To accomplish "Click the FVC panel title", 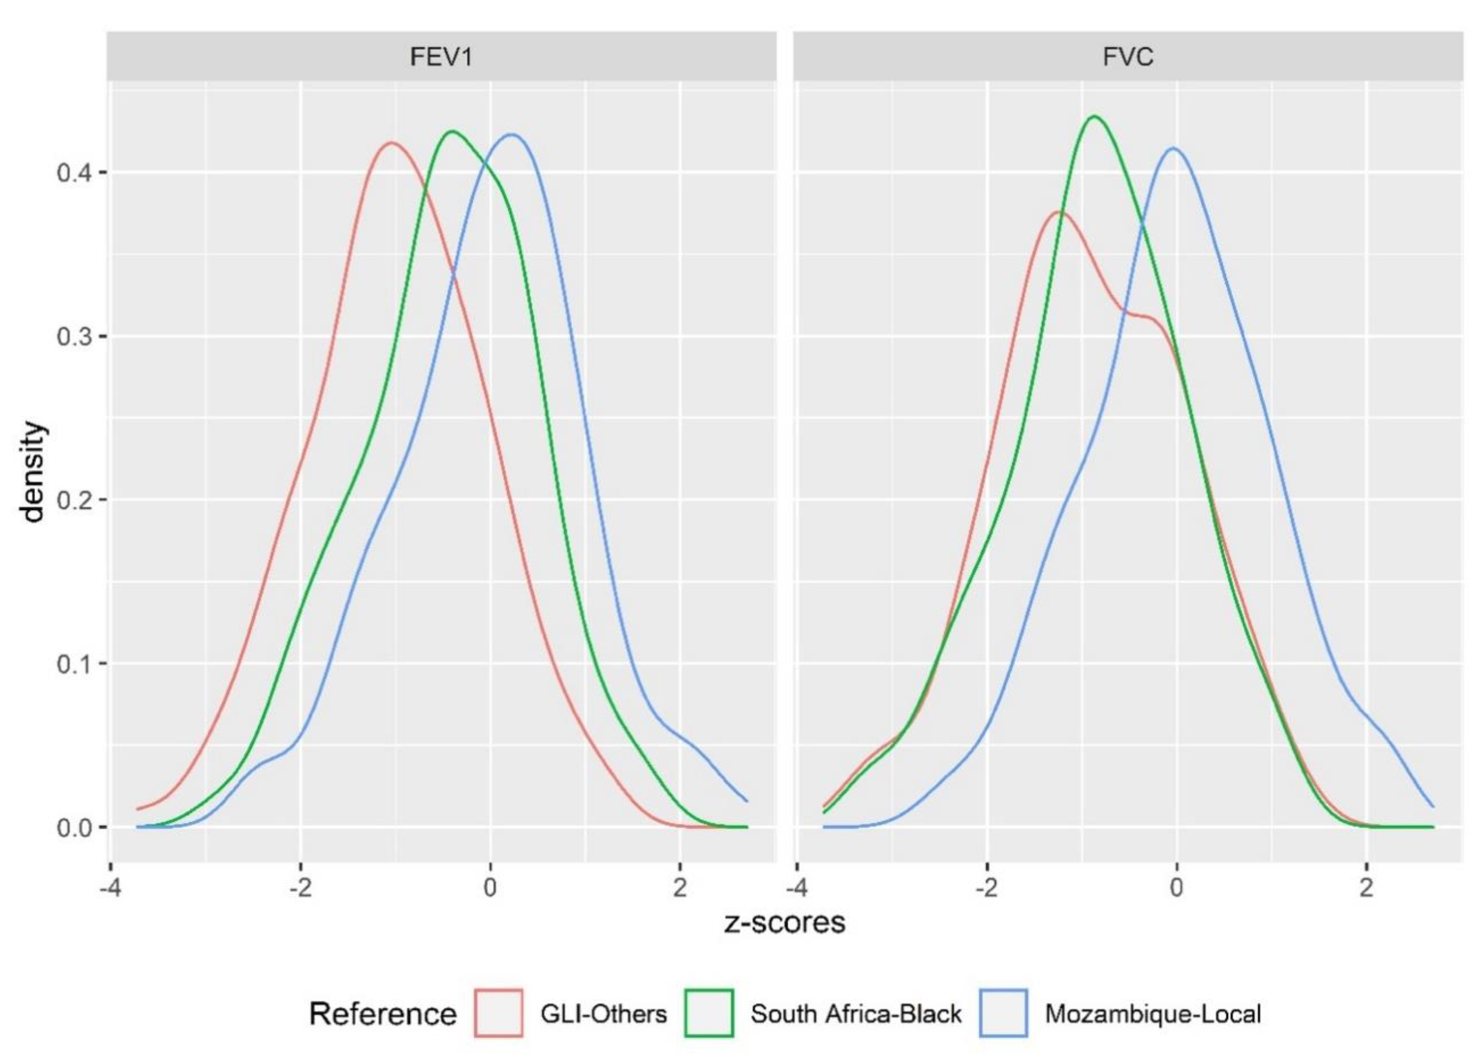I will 1128,57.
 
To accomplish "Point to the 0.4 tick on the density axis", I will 75,173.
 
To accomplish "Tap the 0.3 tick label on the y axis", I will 75,337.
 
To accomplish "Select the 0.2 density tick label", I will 75,501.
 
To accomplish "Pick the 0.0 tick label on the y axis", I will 75,829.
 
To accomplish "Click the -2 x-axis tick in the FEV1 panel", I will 301,887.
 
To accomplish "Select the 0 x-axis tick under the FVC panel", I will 1177,887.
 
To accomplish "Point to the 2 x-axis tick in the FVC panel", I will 1366,887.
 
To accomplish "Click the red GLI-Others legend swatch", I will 499,1014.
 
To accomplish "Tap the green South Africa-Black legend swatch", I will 709,1014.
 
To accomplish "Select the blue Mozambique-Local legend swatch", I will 1003,1014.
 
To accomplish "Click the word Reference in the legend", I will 383,1014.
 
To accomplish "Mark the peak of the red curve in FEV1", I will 392,143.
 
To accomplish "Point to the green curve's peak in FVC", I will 1094,117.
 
